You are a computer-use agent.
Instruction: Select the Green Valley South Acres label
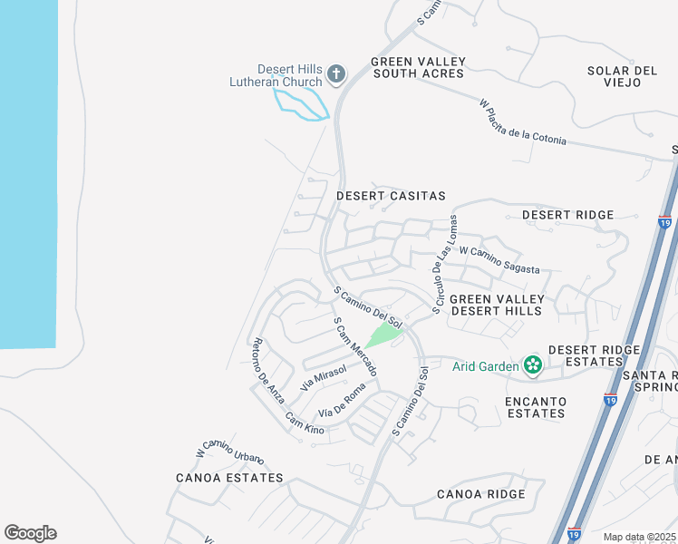[418, 68]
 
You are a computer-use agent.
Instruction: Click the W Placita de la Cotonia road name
[523, 122]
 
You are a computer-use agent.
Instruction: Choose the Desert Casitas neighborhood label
[391, 196]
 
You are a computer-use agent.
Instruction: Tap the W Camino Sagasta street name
[499, 259]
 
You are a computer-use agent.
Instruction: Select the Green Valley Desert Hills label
[497, 305]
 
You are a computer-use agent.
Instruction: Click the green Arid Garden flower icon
[532, 365]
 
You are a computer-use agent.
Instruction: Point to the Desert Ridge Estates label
[585, 355]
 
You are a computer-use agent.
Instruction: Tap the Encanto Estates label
[537, 407]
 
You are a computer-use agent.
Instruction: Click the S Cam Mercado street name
[355, 347]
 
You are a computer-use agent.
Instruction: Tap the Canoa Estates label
[229, 478]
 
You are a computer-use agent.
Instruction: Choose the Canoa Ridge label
[480, 494]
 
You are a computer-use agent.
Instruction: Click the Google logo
[30, 533]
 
